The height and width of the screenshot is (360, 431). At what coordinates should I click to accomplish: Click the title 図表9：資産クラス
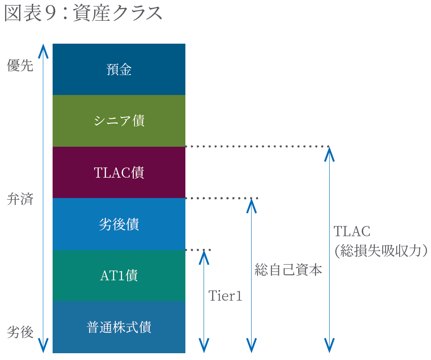click(x=84, y=14)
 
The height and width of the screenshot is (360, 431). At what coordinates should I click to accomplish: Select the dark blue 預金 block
click(x=119, y=69)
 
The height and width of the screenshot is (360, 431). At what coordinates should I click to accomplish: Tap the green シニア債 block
click(x=119, y=121)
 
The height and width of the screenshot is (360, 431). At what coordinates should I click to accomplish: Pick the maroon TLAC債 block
click(x=119, y=173)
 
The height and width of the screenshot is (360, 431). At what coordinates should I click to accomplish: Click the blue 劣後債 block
click(x=119, y=224)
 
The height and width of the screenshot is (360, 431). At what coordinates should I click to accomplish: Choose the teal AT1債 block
click(x=119, y=276)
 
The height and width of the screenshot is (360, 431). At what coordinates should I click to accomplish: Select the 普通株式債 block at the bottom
click(x=119, y=327)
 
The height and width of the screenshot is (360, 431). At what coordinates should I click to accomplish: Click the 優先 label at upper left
click(x=20, y=66)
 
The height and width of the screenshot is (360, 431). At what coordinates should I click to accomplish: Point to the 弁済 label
click(x=20, y=199)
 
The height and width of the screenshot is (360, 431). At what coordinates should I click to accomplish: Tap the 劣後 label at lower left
click(x=20, y=332)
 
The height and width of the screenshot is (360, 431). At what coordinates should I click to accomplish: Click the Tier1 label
click(x=225, y=296)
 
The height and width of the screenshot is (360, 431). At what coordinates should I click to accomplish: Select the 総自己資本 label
click(x=288, y=270)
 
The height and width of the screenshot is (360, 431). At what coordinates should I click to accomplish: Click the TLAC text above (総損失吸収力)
click(x=352, y=232)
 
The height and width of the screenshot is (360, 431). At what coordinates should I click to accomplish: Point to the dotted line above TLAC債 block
click(x=257, y=147)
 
